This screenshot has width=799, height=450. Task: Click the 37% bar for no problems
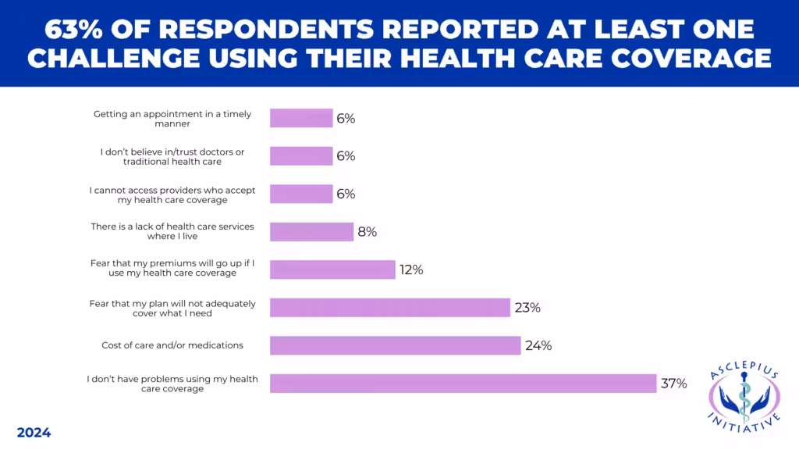tap(463, 384)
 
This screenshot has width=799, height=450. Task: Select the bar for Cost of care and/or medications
tap(395, 345)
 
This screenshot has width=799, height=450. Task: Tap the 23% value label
tap(527, 308)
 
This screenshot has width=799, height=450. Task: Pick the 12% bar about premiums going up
tap(332, 270)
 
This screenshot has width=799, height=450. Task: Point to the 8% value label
tap(367, 232)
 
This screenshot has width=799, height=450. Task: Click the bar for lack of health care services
tap(311, 232)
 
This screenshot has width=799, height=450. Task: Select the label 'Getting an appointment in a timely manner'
tap(172, 119)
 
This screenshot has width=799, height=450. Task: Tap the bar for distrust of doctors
tap(301, 156)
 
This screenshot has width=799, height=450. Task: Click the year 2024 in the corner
tap(34, 433)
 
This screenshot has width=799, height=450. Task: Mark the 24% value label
tap(538, 345)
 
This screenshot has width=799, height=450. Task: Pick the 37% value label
tap(673, 384)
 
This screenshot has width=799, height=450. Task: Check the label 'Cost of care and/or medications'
tap(172, 345)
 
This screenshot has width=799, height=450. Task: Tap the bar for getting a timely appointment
tap(301, 119)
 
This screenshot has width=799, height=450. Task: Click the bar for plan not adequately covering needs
tap(389, 308)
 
